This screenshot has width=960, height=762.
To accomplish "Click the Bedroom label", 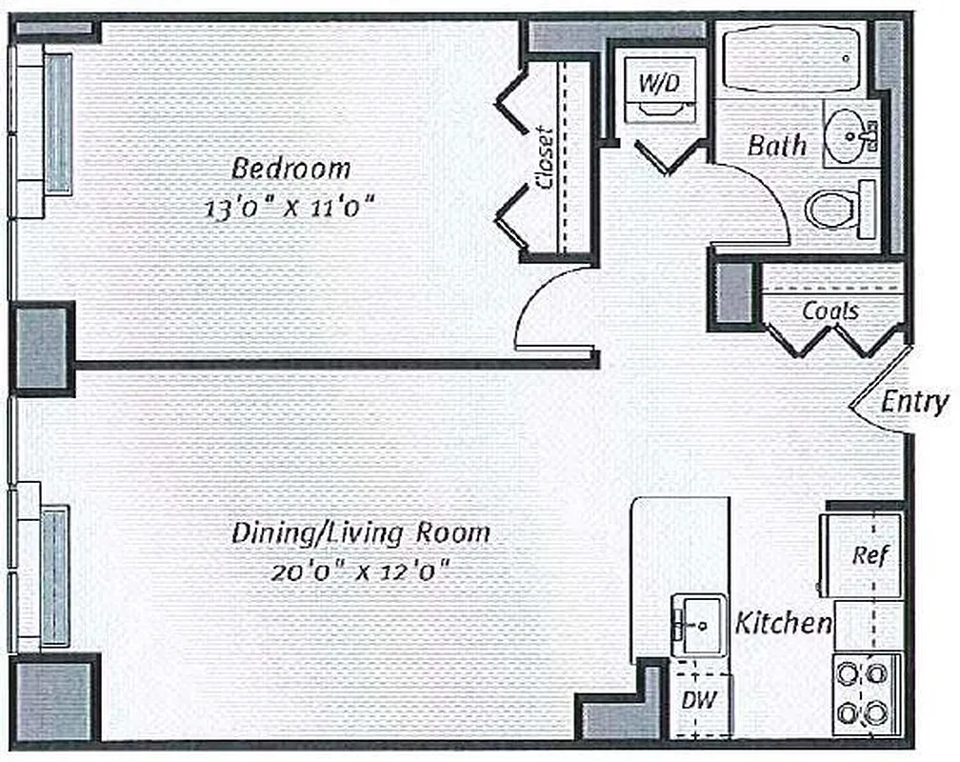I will [291, 169].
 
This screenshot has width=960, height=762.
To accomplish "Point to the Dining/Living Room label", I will [361, 533].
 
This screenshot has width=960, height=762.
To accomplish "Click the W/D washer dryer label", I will [658, 83].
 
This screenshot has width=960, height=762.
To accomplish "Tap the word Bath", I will [776, 146].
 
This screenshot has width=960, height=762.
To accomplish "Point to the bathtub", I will [790, 57].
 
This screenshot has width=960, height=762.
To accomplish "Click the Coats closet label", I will [830, 311].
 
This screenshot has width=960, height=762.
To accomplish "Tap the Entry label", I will [913, 401].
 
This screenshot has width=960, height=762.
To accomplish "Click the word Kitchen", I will [783, 624].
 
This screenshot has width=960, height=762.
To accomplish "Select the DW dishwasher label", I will [698, 700].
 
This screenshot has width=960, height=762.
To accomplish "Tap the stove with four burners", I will [866, 692].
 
